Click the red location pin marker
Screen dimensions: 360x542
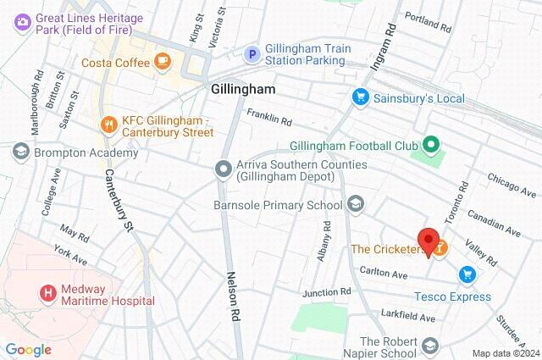429,241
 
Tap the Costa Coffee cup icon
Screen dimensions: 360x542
163,62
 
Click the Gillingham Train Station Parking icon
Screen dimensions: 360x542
252,54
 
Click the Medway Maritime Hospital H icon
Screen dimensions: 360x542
47,293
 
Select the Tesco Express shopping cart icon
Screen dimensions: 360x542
466,274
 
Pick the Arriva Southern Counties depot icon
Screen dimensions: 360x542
224,169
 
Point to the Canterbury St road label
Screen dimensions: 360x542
119,200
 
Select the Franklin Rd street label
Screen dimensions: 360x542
269,117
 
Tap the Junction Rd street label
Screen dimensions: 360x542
327,292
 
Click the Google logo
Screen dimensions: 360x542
28,350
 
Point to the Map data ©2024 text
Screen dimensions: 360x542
505,353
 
